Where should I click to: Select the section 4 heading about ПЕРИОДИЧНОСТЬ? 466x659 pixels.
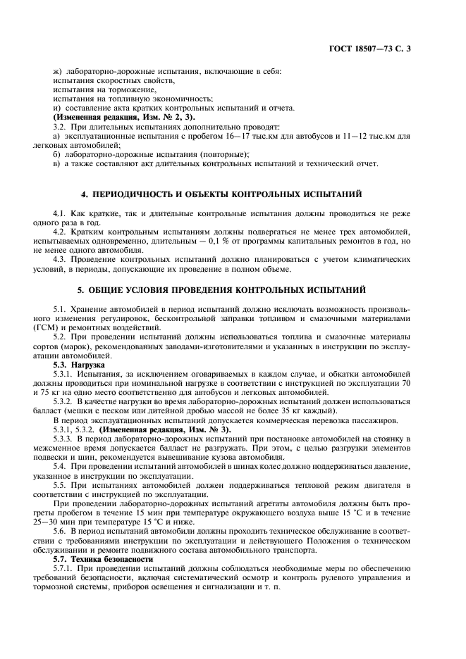coord(232,193)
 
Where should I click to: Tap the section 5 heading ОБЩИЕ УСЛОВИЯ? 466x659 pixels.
coord(232,290)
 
